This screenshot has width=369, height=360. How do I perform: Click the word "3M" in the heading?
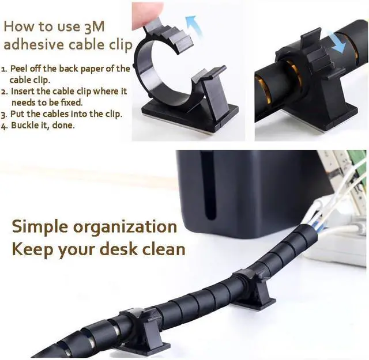[94, 26]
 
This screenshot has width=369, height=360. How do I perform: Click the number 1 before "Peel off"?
[3, 69]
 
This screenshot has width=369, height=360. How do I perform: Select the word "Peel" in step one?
[18, 69]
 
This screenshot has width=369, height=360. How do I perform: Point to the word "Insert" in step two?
[22, 91]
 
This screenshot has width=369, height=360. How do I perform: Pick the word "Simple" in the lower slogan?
[40, 227]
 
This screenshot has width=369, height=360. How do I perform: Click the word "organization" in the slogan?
[125, 227]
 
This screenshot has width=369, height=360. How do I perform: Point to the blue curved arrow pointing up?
[193, 25]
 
